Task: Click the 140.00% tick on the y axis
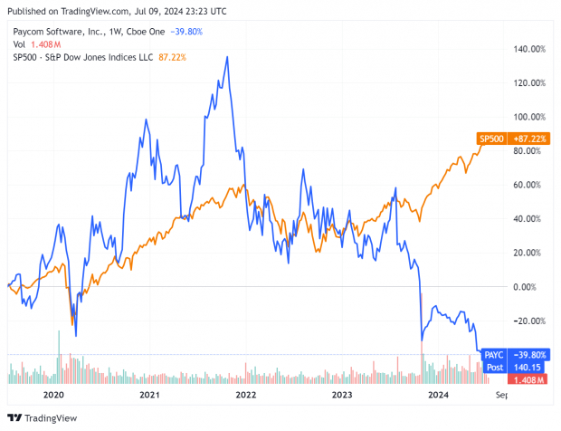[529, 49]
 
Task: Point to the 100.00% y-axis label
[529, 117]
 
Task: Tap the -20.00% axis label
[529, 321]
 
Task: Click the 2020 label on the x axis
[53, 396]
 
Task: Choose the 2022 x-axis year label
[245, 396]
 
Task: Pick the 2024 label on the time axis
[438, 396]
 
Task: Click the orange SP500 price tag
[490, 138]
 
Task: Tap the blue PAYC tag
[493, 355]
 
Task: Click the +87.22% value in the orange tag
[528, 138]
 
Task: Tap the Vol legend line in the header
[36, 43]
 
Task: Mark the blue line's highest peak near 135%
[226, 57]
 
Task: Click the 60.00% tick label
[531, 185]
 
